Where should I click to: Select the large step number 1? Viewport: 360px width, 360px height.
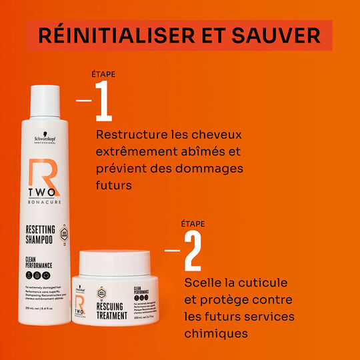point(103,101)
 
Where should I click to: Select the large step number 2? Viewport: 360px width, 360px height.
point(192,251)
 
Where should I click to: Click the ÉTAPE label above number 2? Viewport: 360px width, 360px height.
point(193,224)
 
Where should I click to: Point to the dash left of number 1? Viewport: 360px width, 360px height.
point(84,101)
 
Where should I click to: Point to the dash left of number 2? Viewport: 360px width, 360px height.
point(172,251)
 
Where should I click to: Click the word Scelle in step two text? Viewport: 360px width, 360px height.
point(203,284)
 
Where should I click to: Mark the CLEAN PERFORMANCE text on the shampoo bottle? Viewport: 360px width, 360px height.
point(38,262)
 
